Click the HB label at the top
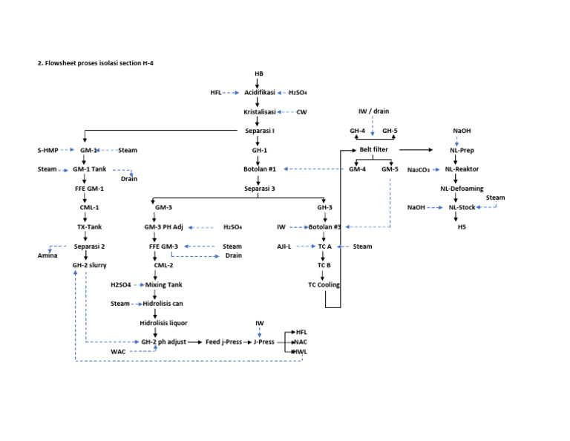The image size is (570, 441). tap(258, 74)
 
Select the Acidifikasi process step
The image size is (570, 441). tap(260, 93)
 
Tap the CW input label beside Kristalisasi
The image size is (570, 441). tap(301, 112)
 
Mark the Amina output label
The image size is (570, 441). tap(48, 255)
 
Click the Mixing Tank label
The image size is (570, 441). tap(164, 284)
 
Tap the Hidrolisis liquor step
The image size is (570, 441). tap(163, 323)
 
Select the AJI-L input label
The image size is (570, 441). tap(284, 246)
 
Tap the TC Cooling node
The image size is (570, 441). tap(324, 284)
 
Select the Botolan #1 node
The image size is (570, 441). tap(260, 169)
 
